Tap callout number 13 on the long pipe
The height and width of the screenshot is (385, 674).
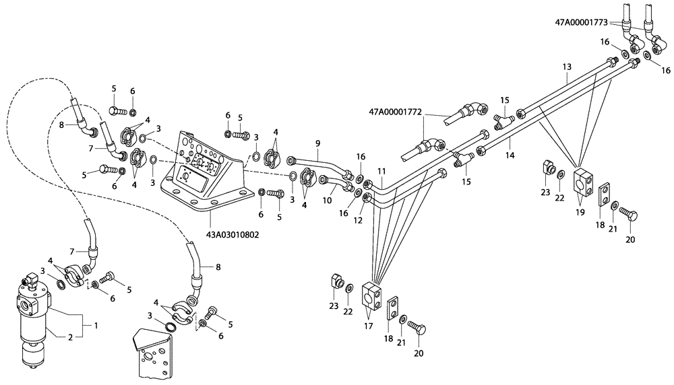[566, 67]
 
